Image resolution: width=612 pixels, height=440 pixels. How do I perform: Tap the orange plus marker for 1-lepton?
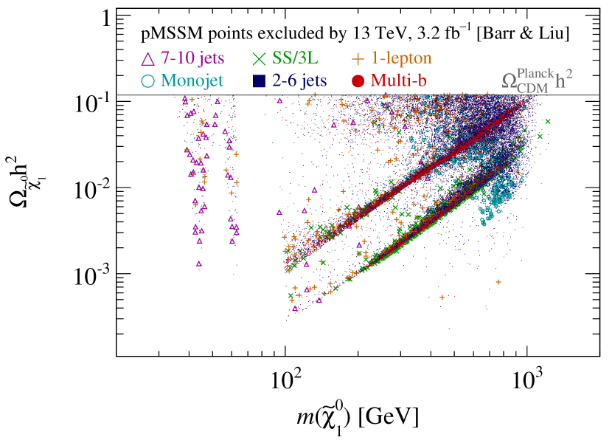click(x=359, y=57)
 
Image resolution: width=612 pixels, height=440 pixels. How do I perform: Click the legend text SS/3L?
click(x=300, y=58)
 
